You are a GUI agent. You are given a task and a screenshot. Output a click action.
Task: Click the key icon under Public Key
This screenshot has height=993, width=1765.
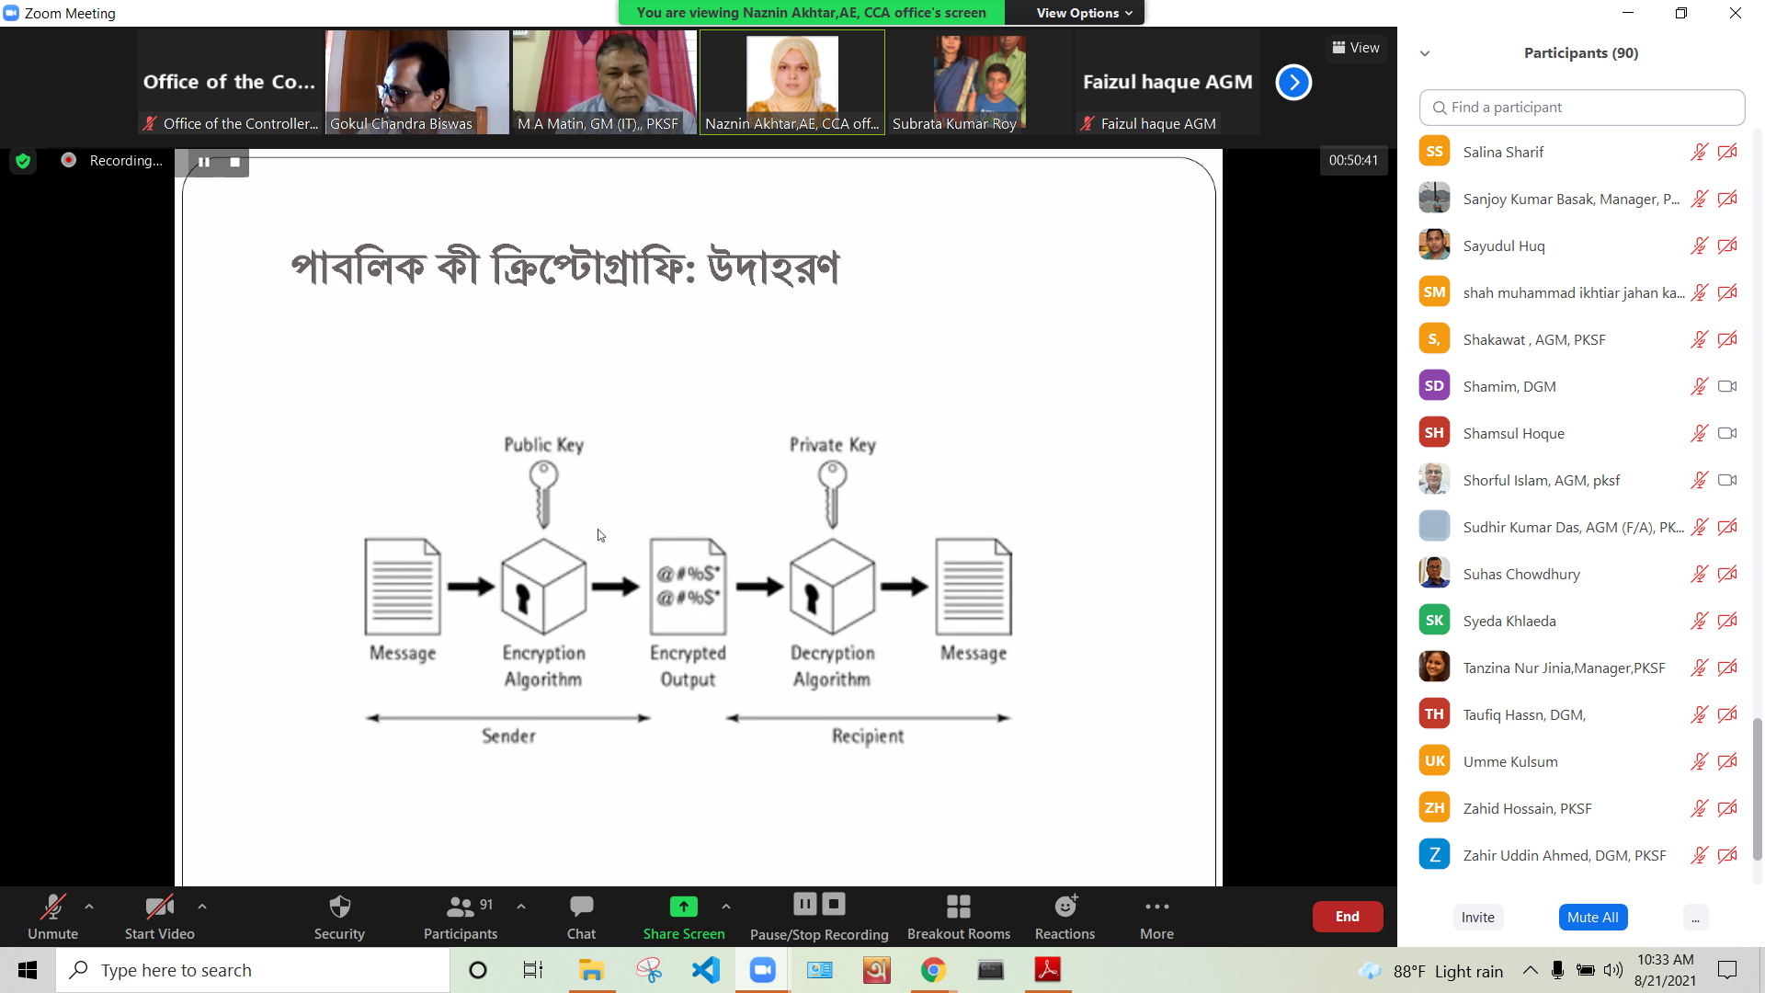543,494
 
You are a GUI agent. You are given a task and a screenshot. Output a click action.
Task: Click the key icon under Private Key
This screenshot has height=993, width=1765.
832,494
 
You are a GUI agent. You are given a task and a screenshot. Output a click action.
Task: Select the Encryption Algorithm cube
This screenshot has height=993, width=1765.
543,587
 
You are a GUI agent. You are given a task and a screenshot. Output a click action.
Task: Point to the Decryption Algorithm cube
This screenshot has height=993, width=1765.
832,587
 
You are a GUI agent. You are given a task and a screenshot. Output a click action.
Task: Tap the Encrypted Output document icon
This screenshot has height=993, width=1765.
688,587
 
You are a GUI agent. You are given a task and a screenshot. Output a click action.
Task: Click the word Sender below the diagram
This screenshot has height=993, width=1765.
508,736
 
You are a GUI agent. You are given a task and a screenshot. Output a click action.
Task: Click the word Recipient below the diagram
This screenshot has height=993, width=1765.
868,736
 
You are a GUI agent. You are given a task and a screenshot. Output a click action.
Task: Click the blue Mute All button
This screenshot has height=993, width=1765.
1592,917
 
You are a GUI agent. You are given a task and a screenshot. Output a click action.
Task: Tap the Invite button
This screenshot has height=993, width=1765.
1477,917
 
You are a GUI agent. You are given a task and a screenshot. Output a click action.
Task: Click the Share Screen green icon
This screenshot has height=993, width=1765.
684,907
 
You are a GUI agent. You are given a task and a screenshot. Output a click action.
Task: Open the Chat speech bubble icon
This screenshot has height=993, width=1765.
581,907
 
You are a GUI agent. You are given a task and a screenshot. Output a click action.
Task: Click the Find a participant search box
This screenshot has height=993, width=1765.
1581,108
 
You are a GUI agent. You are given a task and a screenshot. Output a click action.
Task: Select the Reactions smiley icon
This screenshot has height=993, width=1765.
1065,906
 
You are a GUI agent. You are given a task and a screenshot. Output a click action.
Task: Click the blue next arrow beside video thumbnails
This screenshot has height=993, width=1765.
1293,83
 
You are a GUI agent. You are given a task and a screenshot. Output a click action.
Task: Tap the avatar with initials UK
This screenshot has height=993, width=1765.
1434,760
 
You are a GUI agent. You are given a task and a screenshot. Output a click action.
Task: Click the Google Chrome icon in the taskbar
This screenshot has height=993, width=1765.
933,970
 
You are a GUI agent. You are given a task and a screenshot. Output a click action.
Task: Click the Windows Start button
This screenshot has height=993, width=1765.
28,970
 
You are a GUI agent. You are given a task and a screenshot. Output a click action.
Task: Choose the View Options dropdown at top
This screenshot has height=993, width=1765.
1083,13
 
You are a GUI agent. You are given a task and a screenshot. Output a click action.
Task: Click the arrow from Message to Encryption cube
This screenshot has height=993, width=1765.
471,587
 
